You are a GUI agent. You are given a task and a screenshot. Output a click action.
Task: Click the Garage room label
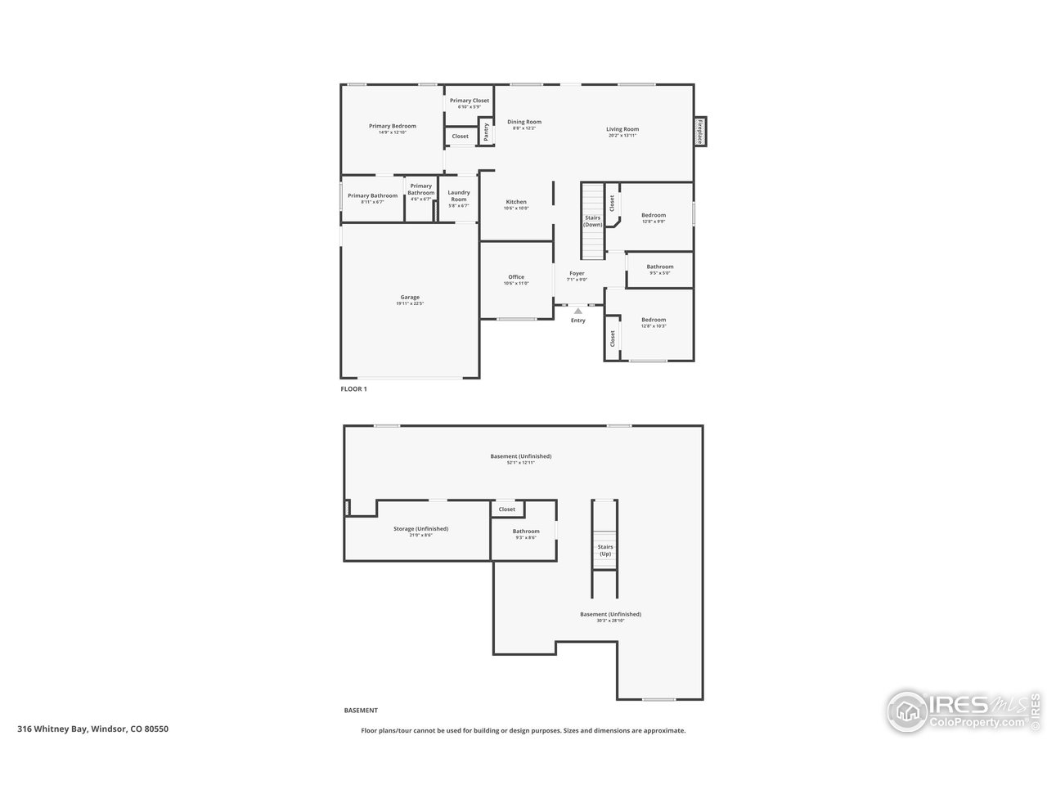tap(410, 298)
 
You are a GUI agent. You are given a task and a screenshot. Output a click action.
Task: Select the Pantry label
tap(486, 132)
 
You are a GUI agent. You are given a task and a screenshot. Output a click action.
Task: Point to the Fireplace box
tap(700, 132)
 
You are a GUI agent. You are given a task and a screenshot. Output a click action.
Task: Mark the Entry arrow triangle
tap(578, 311)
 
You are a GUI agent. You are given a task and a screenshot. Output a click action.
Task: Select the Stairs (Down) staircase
tap(593, 220)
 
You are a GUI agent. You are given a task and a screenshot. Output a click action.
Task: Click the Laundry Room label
tap(459, 196)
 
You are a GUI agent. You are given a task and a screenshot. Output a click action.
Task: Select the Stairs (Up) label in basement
tap(605, 550)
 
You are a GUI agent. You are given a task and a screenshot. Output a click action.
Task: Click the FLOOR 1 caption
tap(354, 389)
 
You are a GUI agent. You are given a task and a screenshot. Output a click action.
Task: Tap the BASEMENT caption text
tap(361, 711)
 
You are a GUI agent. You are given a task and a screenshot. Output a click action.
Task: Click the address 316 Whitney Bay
tap(93, 729)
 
